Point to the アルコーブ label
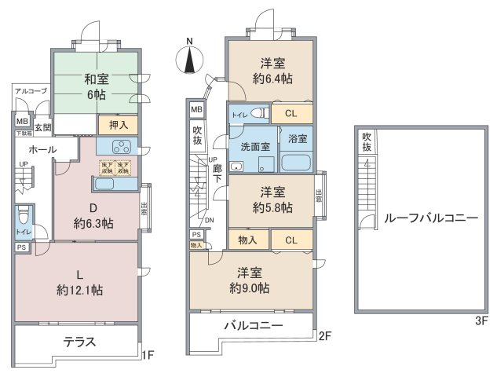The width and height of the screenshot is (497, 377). [31, 92]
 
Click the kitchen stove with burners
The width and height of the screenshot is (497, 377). [122, 146]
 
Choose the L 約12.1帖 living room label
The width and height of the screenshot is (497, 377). [79, 281]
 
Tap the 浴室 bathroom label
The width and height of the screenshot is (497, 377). [298, 138]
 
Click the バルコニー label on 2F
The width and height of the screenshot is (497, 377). [251, 325]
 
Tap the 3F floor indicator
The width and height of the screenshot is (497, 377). [481, 321]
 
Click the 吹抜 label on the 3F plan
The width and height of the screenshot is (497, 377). [366, 141]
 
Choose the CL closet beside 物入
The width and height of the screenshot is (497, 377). [290, 240]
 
